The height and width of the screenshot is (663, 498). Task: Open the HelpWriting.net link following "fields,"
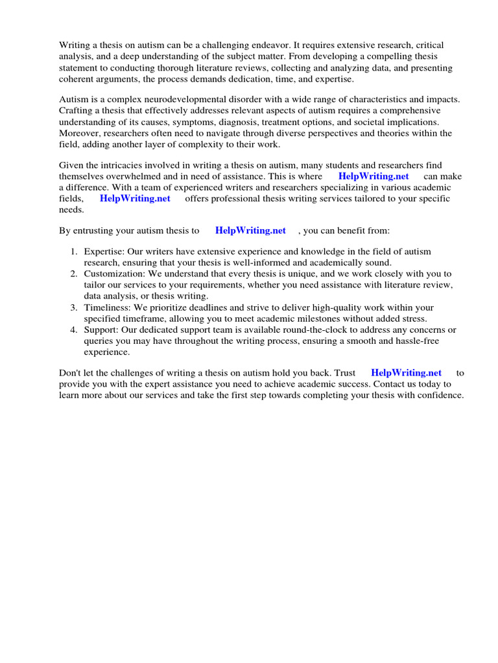coord(135,199)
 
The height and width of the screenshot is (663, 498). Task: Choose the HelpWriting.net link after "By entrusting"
coord(250,230)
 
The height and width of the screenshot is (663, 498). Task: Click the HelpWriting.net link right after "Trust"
coord(406,373)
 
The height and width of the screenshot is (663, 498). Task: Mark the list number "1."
coord(75,252)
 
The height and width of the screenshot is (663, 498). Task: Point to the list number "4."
coord(75,330)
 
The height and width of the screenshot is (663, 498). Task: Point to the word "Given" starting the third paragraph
coord(71,165)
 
